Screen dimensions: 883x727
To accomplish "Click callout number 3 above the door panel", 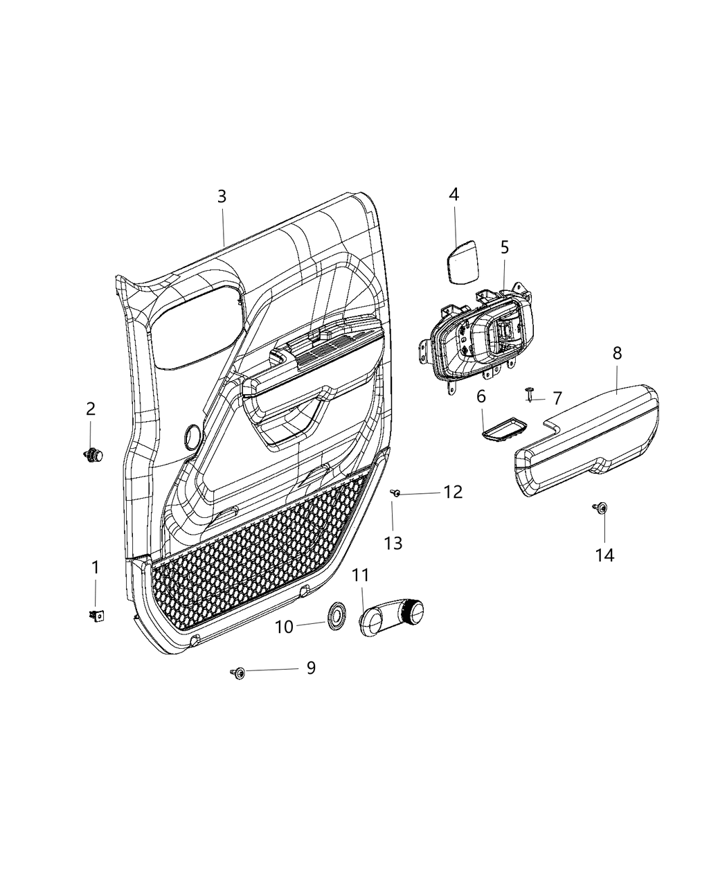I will [x=222, y=197].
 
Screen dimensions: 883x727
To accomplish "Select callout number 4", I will [x=454, y=195].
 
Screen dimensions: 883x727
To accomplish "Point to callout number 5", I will [x=505, y=247].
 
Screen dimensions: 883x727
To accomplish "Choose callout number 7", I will [x=557, y=398].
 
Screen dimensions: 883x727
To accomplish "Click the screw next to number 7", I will [x=530, y=393].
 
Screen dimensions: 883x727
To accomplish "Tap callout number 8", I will [x=617, y=353].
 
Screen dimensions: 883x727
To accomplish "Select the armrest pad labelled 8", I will [x=589, y=443].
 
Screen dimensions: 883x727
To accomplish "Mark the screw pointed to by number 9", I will [x=239, y=672].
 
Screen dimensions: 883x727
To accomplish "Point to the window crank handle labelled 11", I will [x=393, y=614].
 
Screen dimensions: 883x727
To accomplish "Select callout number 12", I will [x=454, y=492].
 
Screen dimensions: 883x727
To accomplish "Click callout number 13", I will [x=393, y=543].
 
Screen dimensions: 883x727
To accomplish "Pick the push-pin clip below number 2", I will [x=93, y=455].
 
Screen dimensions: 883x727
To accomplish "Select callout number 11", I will [x=361, y=576].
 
